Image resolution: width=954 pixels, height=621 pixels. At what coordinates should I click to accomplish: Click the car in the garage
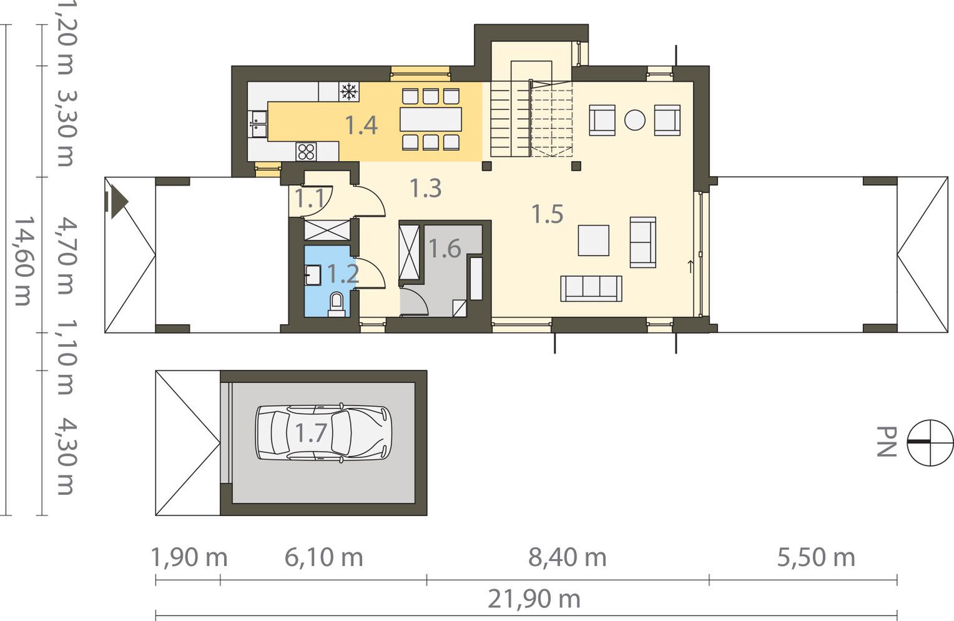[323, 432]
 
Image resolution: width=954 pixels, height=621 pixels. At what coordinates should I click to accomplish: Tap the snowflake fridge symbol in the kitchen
[349, 92]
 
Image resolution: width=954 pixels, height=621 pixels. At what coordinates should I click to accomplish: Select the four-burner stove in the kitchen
[306, 151]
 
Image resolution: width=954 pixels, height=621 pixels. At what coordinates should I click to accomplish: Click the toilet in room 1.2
[337, 304]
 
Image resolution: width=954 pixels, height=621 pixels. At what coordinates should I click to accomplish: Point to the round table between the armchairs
[634, 120]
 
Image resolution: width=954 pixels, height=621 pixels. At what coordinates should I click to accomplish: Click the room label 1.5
[548, 214]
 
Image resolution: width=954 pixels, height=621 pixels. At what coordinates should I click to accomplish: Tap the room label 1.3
[425, 188]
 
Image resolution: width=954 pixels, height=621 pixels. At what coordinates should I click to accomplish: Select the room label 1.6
[445, 249]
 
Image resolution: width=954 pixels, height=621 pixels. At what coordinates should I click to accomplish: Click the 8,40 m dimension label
[568, 557]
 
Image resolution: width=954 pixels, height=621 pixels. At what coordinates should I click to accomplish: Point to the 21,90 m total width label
[534, 599]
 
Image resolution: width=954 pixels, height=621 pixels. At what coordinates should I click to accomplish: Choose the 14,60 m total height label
[24, 261]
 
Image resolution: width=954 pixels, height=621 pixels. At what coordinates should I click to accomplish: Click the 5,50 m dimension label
[816, 557]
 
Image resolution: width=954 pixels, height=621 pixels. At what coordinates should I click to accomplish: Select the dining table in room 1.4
[431, 119]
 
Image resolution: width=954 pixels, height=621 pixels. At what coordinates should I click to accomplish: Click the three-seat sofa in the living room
[591, 289]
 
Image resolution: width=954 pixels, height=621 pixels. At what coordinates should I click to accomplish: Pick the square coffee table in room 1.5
[593, 241]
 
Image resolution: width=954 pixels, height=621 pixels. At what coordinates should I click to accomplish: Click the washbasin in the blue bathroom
[313, 275]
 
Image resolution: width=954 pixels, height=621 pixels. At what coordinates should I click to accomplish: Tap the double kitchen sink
[257, 124]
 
